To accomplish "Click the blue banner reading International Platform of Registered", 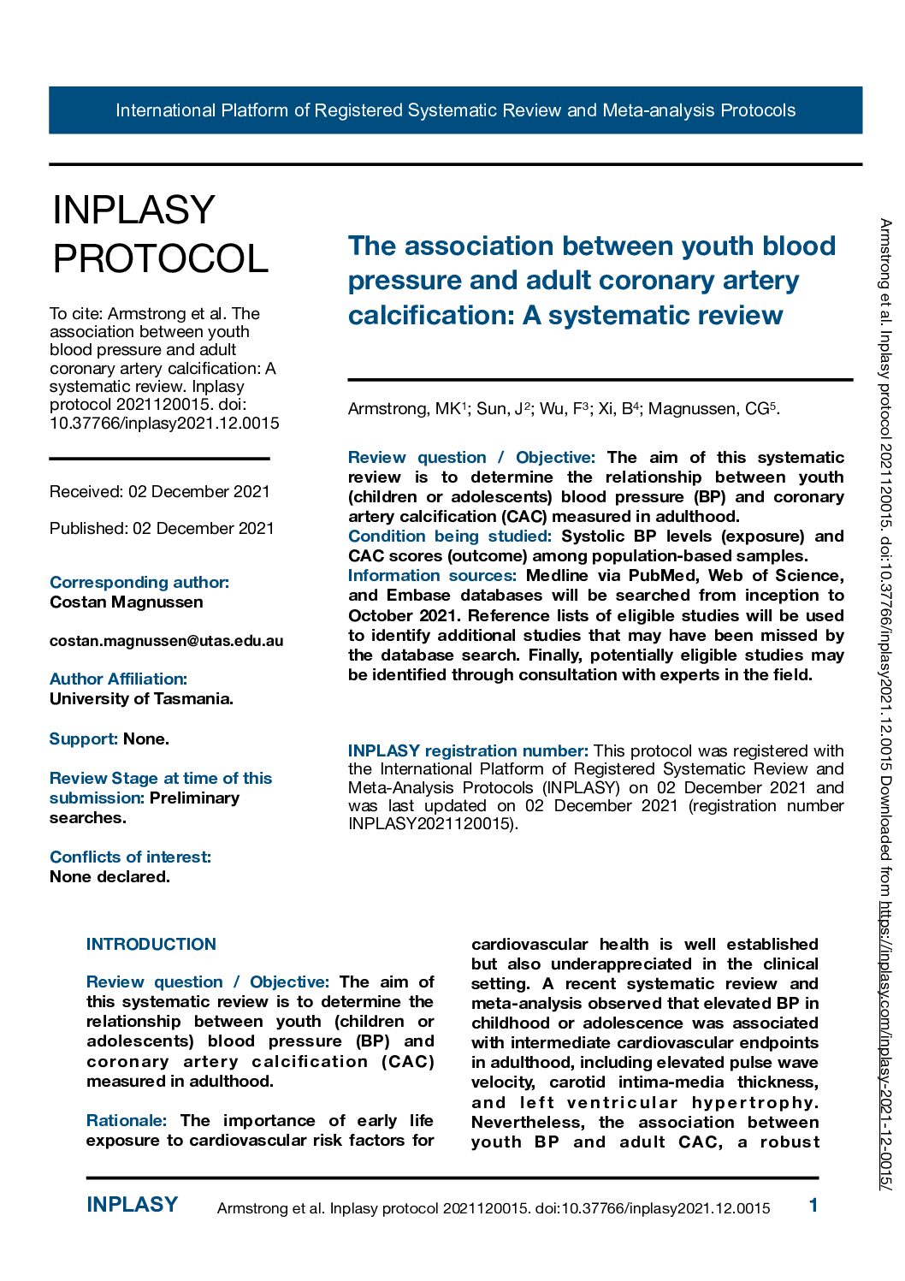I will (x=455, y=110).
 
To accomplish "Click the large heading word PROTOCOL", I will (x=161, y=258).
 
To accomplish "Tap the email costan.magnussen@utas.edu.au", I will (x=166, y=641).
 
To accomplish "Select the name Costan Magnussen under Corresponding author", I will (x=127, y=602).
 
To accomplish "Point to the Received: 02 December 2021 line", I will (x=160, y=492).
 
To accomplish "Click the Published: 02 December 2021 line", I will (x=162, y=529).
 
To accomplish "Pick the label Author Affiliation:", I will (x=118, y=679).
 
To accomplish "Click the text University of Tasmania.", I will (x=141, y=699).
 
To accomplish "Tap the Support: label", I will (x=83, y=739).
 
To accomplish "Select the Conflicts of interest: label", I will (x=130, y=857).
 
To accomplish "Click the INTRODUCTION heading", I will (x=151, y=945).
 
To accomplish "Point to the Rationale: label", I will (x=126, y=1121).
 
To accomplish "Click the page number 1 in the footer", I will (x=813, y=1206).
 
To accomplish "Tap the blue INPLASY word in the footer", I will (x=132, y=1205).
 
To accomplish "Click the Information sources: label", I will (x=432, y=576).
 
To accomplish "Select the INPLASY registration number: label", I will (x=468, y=751).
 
